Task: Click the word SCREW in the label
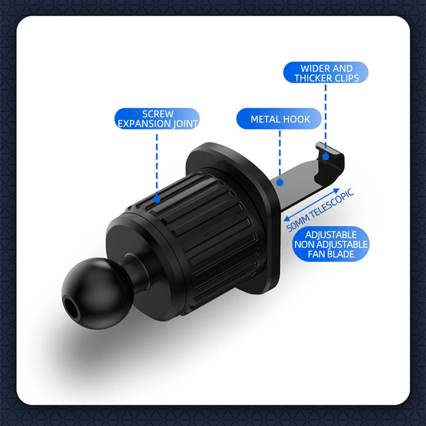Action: (158, 114)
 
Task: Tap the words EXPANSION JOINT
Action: (158, 124)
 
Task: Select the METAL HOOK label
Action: (280, 119)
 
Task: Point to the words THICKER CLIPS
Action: (327, 78)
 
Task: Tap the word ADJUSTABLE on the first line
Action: (331, 235)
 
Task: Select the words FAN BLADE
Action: (331, 254)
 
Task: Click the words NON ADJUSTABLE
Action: (331, 245)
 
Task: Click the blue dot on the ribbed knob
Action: (157, 200)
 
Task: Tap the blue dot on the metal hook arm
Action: (280, 182)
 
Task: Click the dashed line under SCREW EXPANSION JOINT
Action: (157, 163)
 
